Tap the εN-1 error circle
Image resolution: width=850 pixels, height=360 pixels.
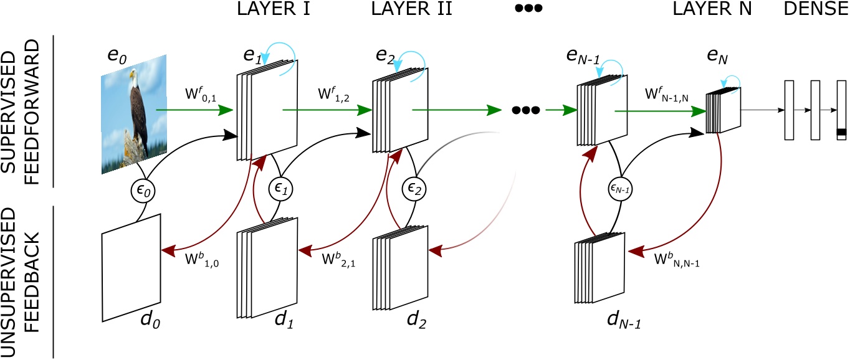click(617, 187)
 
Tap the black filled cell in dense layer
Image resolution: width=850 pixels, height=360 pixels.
click(841, 132)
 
